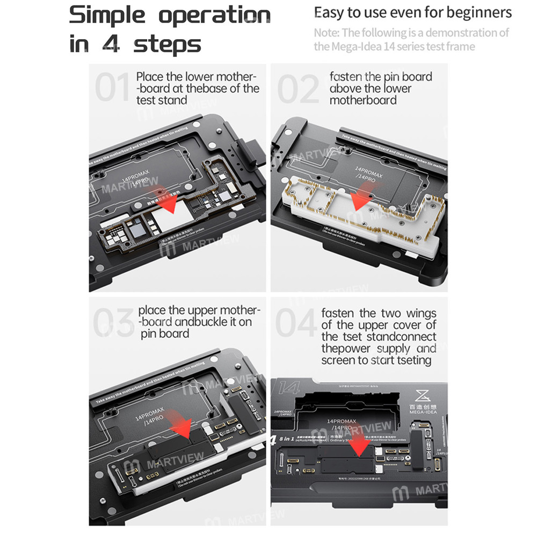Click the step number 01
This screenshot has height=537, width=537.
click(x=112, y=88)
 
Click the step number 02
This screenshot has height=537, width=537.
click(x=297, y=88)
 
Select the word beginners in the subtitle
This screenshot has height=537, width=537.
click(x=478, y=12)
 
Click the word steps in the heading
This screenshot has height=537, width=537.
click(x=167, y=44)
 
